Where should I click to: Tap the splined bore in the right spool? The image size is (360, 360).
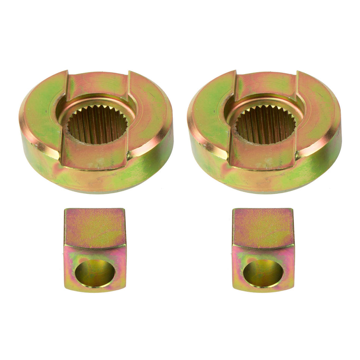(265, 124)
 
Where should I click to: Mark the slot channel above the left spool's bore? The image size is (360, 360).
(98, 84)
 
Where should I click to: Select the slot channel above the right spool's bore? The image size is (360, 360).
(266, 84)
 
